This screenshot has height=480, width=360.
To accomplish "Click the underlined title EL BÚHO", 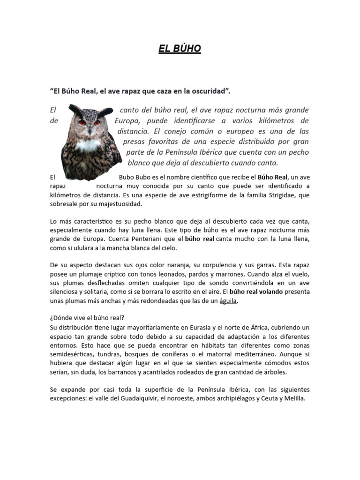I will coord(180,49).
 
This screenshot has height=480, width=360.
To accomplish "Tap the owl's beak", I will coord(89,128).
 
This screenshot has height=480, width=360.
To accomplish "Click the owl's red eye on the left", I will coord(82,122).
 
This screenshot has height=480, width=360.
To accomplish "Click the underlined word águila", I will coord(229,301).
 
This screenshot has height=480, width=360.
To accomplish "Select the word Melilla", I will coord(294,398).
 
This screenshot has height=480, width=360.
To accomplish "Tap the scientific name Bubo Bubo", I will coord(133,177).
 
